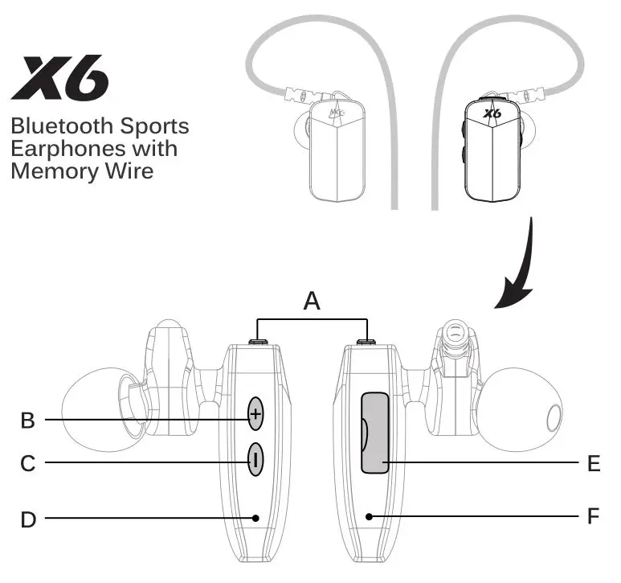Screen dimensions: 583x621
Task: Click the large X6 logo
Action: pos(61,78)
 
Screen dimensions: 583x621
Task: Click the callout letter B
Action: pos(28,420)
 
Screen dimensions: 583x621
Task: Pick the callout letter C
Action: pos(28,463)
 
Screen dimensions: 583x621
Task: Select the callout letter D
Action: pos(28,519)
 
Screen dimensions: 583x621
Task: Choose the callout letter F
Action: pos(594,515)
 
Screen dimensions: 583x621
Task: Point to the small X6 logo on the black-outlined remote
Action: pos(492,114)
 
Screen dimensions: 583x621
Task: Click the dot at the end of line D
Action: pos(255,519)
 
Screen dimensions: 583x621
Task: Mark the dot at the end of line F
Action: pos(368,515)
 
